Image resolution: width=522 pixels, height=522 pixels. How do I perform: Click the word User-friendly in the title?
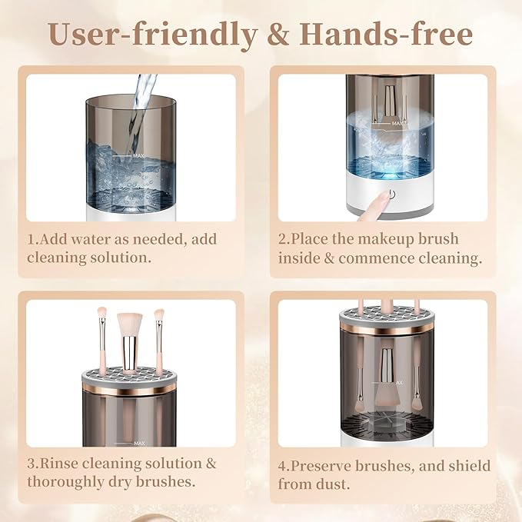click(x=153, y=35)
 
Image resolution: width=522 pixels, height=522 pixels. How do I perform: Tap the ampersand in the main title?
click(x=278, y=34)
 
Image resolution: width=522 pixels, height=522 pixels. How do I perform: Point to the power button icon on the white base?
click(x=392, y=195)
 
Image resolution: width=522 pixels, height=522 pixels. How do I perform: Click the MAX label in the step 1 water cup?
click(x=138, y=155)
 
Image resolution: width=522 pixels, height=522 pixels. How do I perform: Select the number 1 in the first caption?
click(x=31, y=239)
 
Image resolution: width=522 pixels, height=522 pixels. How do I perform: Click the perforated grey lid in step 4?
click(x=387, y=316)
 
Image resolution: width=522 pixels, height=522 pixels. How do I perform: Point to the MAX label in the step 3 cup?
click(x=139, y=444)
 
